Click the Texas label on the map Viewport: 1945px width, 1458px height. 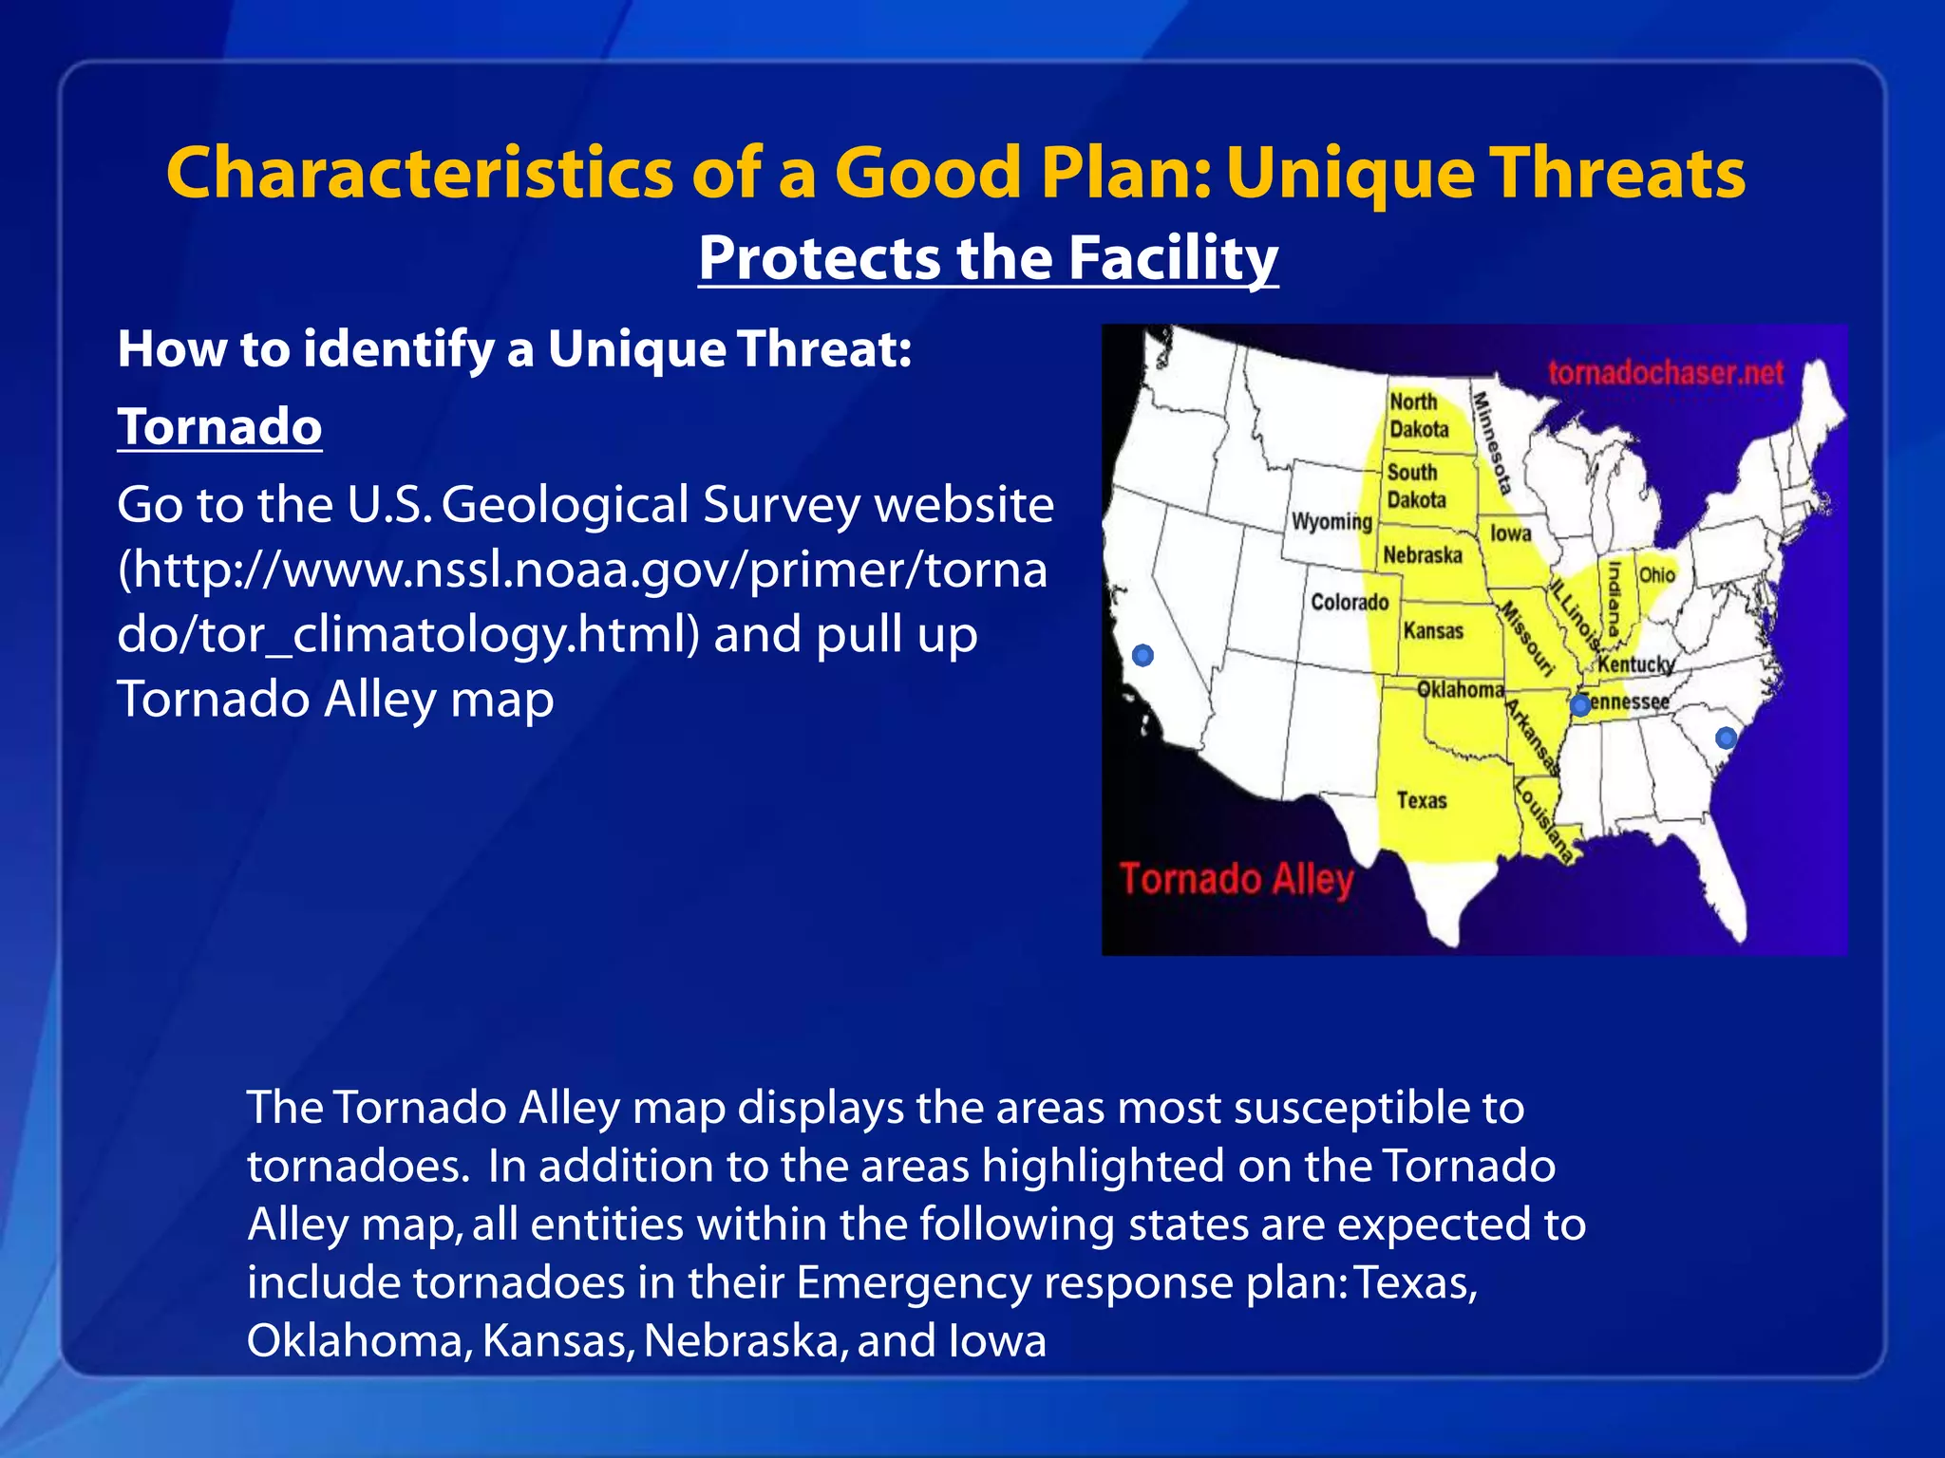pyautogui.click(x=1422, y=800)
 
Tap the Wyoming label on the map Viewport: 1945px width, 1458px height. pyautogui.click(x=1331, y=521)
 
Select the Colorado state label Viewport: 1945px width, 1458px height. pyautogui.click(x=1350, y=602)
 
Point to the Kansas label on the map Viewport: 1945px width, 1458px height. pyautogui.click(x=1433, y=630)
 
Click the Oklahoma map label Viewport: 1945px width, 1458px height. pyautogui.click(x=1460, y=689)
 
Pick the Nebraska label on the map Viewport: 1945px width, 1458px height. pyautogui.click(x=1422, y=554)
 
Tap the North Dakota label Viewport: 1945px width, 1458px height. pyautogui.click(x=1419, y=415)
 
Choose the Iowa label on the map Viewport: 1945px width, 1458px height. pyautogui.click(x=1510, y=533)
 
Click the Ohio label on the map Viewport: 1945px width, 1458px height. pyautogui.click(x=1656, y=575)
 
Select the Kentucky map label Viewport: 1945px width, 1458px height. pyautogui.click(x=1635, y=664)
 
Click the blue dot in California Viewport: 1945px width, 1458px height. pyautogui.click(x=1143, y=655)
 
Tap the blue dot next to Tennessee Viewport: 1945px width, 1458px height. pyautogui.click(x=1579, y=705)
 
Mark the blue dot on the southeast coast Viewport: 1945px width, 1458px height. pyautogui.click(x=1726, y=738)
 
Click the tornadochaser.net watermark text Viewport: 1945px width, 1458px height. pyautogui.click(x=1666, y=373)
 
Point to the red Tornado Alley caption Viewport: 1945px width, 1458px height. pyautogui.click(x=1236, y=879)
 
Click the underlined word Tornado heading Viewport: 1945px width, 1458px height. pyautogui.click(x=219, y=426)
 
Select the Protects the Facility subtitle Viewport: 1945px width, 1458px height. pyautogui.click(x=988, y=257)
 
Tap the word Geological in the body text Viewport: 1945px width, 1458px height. pyautogui.click(x=564, y=504)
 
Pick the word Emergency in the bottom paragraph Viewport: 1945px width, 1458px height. pyautogui.click(x=913, y=1282)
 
